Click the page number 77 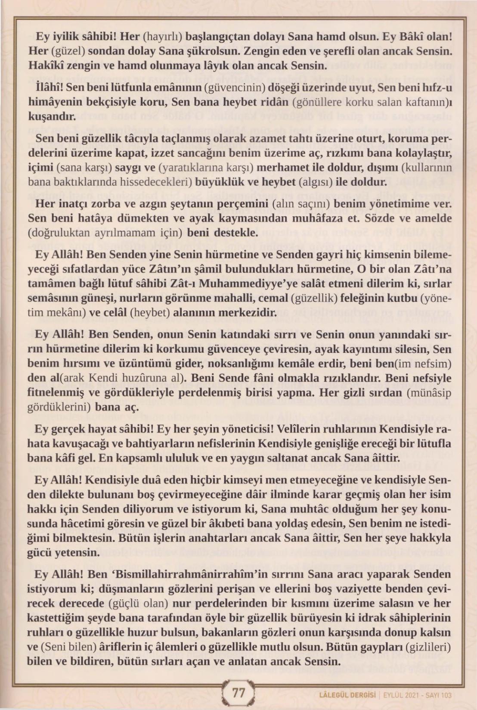pos(238,693)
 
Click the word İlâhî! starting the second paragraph pos(50,88)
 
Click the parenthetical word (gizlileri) pos(427,648)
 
